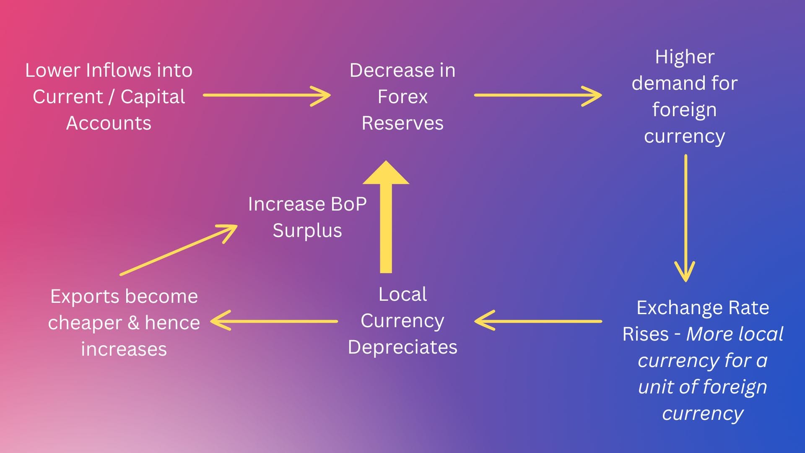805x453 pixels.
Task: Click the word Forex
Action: click(402, 97)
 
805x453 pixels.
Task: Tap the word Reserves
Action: click(402, 123)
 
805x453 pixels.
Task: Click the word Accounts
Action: click(109, 123)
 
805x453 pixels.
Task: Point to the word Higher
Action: click(685, 57)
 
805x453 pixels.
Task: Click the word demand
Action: click(663, 83)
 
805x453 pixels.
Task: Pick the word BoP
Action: click(349, 204)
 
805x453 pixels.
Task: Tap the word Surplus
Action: click(307, 231)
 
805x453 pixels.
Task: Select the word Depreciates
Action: click(402, 347)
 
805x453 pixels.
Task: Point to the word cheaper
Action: click(85, 323)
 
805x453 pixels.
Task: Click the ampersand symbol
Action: click(133, 323)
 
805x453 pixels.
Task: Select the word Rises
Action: click(645, 334)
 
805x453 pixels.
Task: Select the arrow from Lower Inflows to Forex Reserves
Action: click(267, 96)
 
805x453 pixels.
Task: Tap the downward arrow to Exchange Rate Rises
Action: click(686, 218)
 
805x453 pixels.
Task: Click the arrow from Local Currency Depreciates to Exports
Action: click(274, 321)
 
